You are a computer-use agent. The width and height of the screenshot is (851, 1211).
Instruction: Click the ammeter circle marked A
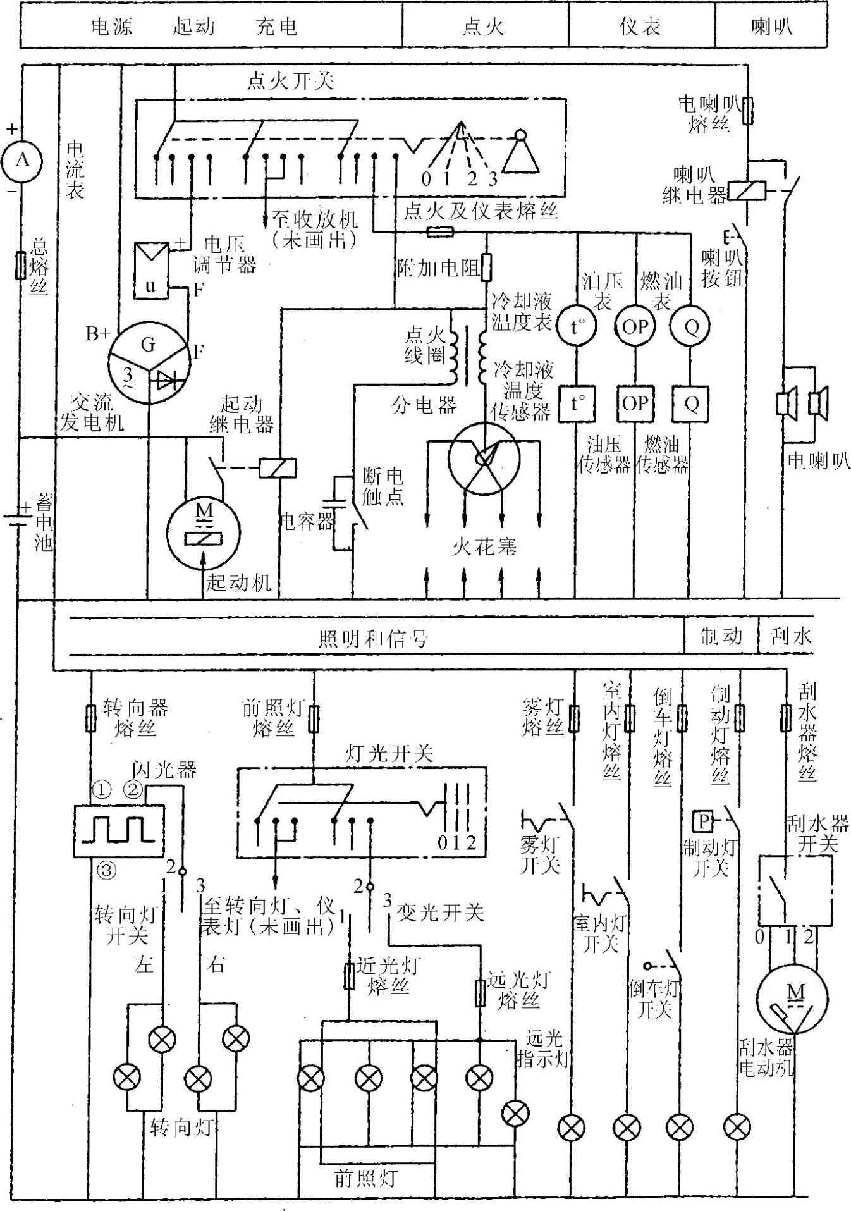point(22,160)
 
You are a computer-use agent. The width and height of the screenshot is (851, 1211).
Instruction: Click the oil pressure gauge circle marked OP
point(635,326)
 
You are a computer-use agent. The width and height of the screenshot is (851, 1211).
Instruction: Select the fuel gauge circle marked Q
point(692,326)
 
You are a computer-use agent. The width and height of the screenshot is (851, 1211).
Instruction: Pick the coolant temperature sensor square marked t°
point(576,403)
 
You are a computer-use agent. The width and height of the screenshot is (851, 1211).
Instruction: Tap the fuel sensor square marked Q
point(692,403)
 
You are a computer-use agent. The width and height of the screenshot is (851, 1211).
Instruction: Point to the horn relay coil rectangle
point(747,191)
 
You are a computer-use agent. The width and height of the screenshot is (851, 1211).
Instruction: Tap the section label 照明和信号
point(374,638)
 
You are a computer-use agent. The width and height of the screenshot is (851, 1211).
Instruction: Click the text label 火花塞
point(484,546)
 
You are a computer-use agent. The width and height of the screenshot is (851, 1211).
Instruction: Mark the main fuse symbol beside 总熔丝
point(21,265)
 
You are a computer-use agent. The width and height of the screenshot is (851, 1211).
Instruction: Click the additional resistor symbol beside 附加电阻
point(486,267)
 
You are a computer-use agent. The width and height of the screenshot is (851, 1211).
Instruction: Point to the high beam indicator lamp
point(516,1114)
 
